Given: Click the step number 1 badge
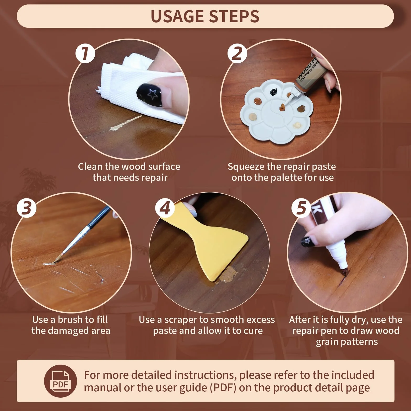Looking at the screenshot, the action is coord(85,53).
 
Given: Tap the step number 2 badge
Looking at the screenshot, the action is coord(237,53).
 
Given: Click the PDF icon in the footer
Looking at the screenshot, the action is coord(60,381).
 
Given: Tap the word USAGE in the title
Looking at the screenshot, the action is coord(177,16).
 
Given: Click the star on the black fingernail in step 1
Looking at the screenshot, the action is coord(152,94).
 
